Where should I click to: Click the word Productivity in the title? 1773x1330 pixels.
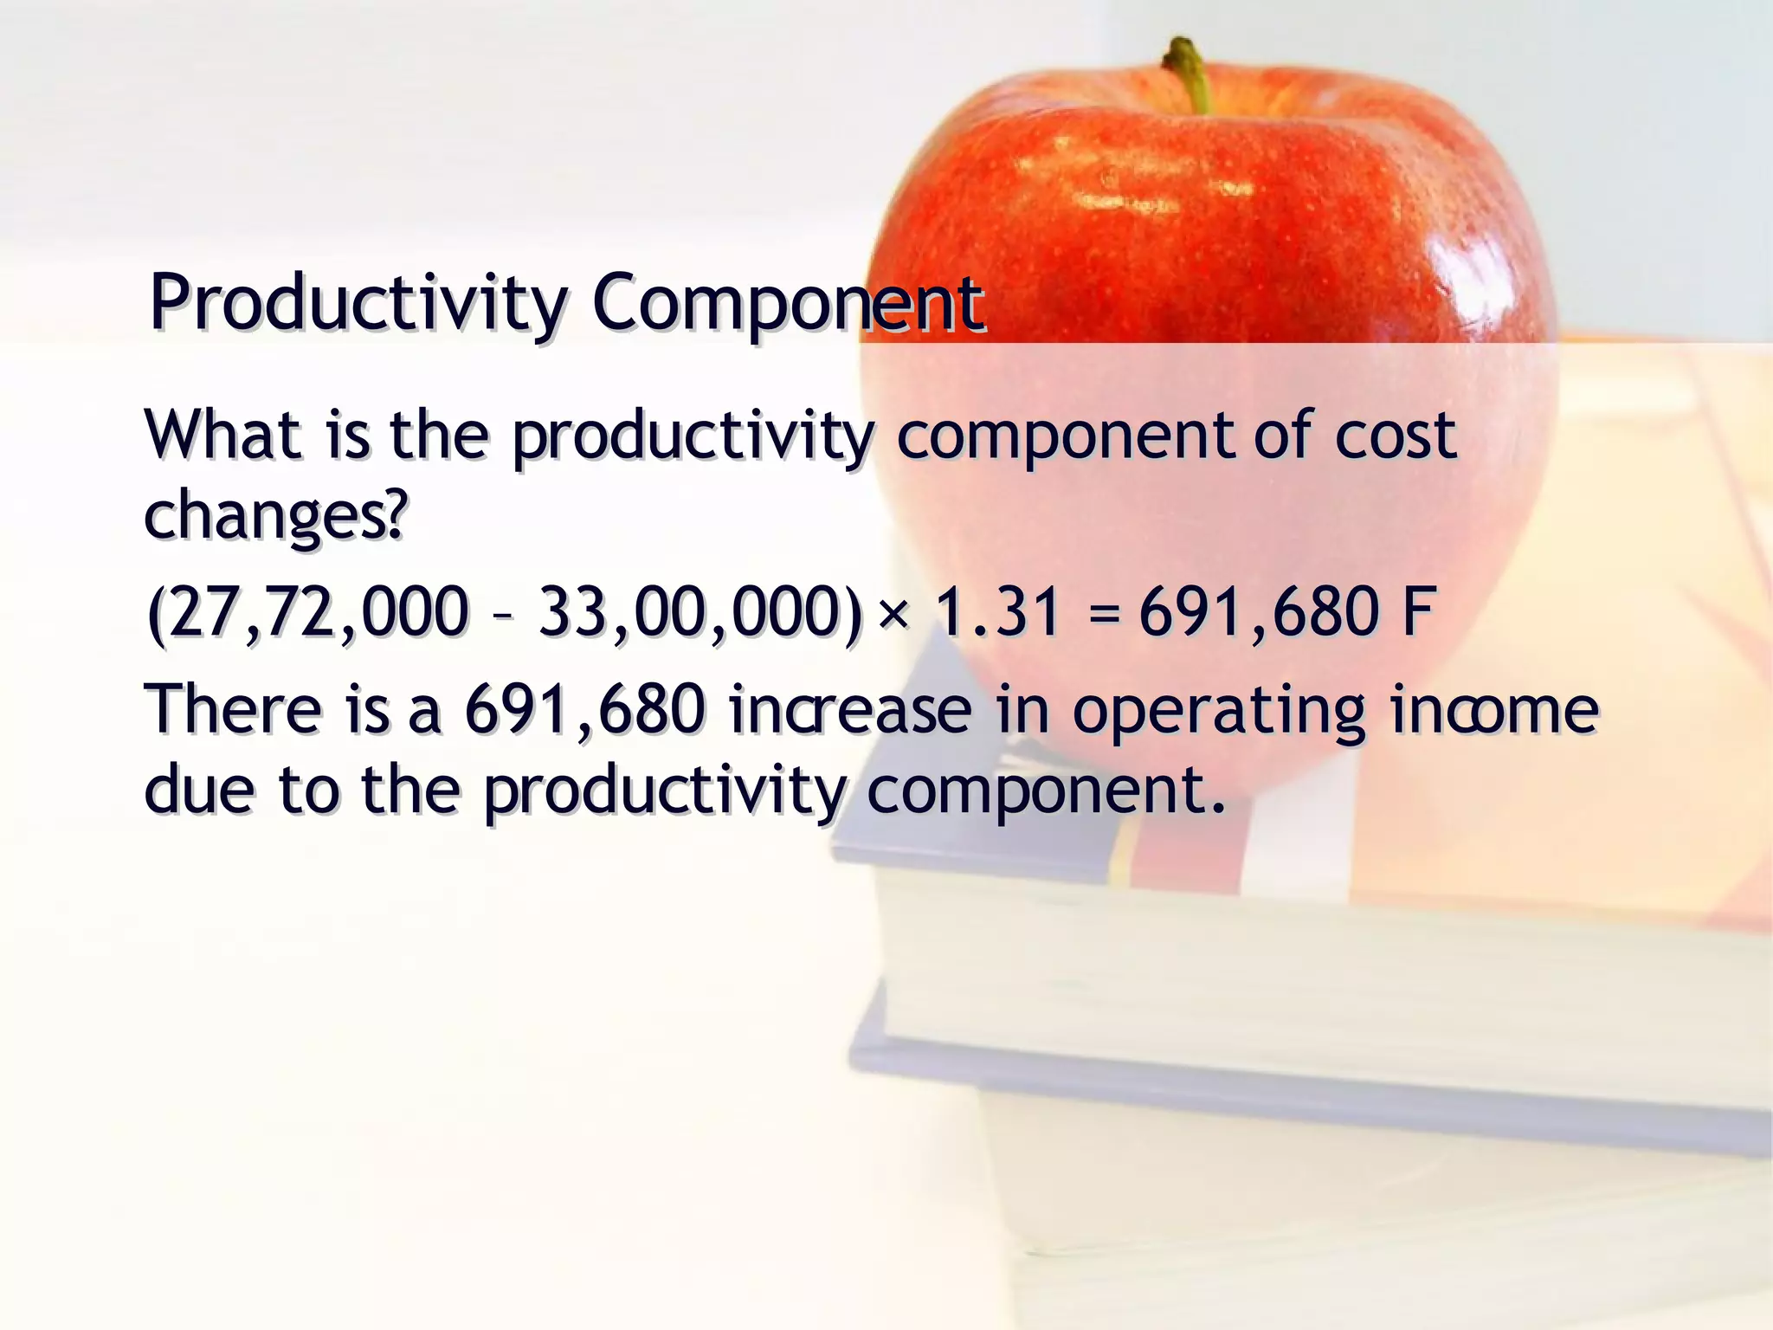pos(357,303)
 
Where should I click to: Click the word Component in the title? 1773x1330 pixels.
pos(788,303)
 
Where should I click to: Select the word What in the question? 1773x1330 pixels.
pos(223,435)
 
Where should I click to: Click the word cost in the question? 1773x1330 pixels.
pos(1395,435)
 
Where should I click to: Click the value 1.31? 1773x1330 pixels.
pos(998,612)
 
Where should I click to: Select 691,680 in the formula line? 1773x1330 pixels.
pos(1259,612)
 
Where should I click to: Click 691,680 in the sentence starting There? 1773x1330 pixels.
pos(585,709)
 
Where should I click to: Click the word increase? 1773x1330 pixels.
pos(850,709)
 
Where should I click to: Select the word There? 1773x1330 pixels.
pos(234,709)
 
